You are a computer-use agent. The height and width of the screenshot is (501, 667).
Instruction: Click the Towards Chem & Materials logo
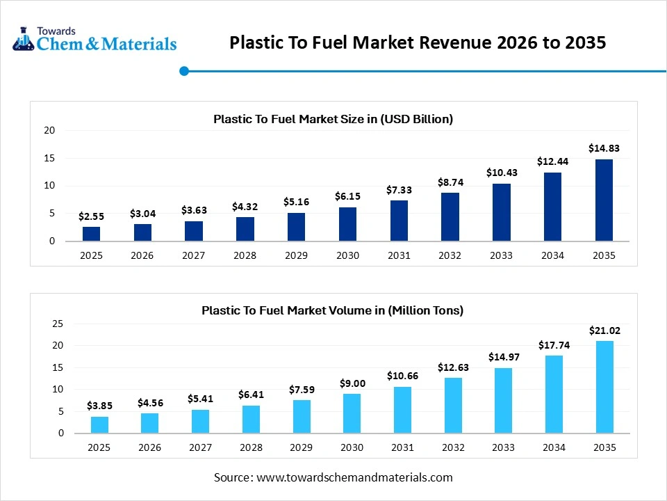[x=94, y=40]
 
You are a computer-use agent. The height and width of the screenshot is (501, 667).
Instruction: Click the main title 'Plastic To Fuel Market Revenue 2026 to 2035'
[x=418, y=43]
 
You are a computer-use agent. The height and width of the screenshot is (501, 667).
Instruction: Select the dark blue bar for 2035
[x=604, y=200]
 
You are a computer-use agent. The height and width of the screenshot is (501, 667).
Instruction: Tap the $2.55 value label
[x=91, y=216]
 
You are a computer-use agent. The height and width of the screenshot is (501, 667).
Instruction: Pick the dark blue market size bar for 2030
[x=347, y=224]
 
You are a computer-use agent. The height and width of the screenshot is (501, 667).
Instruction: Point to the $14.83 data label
[x=604, y=148]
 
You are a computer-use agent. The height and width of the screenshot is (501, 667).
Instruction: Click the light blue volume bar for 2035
[x=604, y=387]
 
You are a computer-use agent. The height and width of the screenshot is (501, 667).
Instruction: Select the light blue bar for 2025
[x=99, y=424]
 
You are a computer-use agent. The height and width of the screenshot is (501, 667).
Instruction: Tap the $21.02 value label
[x=604, y=331]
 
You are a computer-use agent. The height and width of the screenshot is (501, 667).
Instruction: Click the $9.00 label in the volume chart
[x=352, y=383]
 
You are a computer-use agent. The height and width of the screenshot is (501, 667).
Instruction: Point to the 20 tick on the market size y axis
[x=49, y=130]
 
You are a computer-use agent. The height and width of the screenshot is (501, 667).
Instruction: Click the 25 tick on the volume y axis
[x=58, y=324]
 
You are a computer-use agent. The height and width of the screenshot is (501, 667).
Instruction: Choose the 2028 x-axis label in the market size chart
[x=245, y=255]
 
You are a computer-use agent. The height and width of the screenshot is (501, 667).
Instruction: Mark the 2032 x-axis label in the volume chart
[x=452, y=447]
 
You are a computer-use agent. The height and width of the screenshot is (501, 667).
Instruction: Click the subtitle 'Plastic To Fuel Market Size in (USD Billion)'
[x=333, y=119]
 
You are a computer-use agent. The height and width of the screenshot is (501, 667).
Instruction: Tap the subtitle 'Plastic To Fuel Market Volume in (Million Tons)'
[x=332, y=310]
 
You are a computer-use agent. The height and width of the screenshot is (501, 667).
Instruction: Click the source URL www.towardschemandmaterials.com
[x=354, y=477]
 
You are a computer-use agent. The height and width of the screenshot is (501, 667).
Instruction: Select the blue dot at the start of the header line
[x=184, y=71]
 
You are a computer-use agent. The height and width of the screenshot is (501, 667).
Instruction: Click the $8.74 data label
[x=450, y=182]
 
